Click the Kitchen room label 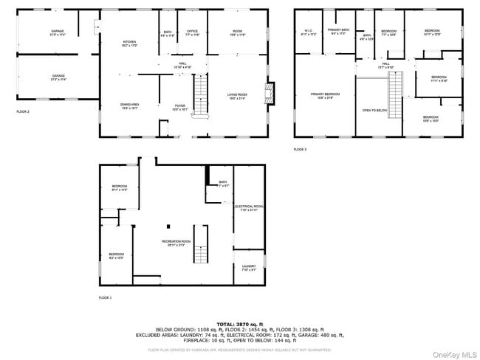point(129,43)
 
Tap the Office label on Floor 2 point(192,33)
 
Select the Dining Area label point(129,106)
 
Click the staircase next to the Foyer point(202,94)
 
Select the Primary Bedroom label point(325,96)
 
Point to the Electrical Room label point(249,207)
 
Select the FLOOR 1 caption point(106,298)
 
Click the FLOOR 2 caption point(23,111)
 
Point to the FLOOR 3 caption point(300,149)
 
